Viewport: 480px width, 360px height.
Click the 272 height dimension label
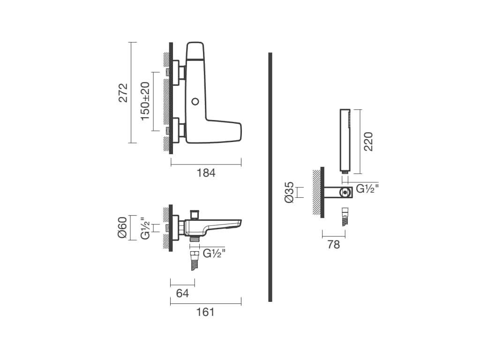tap(123, 92)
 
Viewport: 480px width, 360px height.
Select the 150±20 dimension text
tap(145, 101)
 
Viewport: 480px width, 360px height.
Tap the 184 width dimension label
tap(206, 173)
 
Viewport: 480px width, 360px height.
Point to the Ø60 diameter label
tap(122, 227)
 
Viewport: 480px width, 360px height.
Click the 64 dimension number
tap(182, 293)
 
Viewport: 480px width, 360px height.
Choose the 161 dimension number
tap(205, 312)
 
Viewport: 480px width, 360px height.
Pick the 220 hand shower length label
tap(368, 142)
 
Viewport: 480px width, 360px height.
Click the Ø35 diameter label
tap(289, 193)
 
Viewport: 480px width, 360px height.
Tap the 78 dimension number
tap(333, 245)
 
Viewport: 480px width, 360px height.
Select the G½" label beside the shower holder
tap(367, 188)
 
